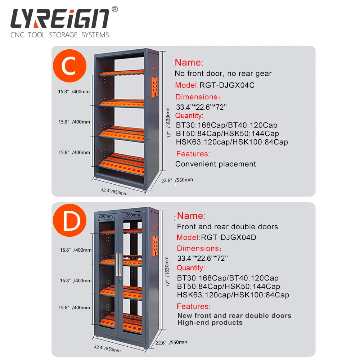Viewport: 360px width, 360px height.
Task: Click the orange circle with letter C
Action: [x=70, y=66]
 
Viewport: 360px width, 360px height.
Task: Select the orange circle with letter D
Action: [x=70, y=223]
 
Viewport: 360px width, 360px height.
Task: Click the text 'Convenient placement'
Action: [x=216, y=164]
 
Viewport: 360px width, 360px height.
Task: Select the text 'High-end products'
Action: [x=210, y=323]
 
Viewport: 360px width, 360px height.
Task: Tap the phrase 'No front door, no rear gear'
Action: [x=223, y=73]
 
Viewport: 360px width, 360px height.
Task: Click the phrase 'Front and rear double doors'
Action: [x=228, y=227]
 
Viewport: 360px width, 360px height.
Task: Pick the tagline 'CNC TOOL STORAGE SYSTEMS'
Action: [x=60, y=35]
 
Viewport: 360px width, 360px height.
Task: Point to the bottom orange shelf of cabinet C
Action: [x=122, y=164]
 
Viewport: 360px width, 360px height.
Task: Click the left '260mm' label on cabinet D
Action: [x=106, y=215]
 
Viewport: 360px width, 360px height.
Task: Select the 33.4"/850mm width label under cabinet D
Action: [x=107, y=348]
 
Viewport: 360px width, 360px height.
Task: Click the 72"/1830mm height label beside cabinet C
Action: [x=168, y=122]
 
